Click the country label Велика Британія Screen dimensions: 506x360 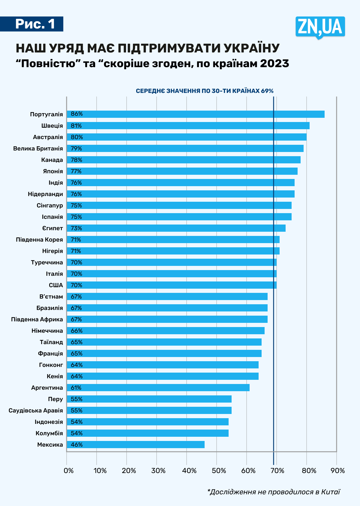point(38,148)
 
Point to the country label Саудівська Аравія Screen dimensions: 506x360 point(36,410)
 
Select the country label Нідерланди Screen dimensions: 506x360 point(45,194)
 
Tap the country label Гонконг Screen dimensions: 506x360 point(51,365)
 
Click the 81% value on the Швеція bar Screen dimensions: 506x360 point(76,126)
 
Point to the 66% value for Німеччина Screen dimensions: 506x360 point(76,331)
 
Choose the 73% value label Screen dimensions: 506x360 point(76,228)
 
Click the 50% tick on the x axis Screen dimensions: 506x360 point(219,471)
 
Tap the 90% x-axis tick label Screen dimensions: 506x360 point(338,471)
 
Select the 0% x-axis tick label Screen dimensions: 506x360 point(69,471)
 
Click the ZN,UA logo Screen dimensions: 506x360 point(320,27)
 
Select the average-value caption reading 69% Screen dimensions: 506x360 point(205,91)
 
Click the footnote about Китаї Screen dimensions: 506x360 point(274,492)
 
